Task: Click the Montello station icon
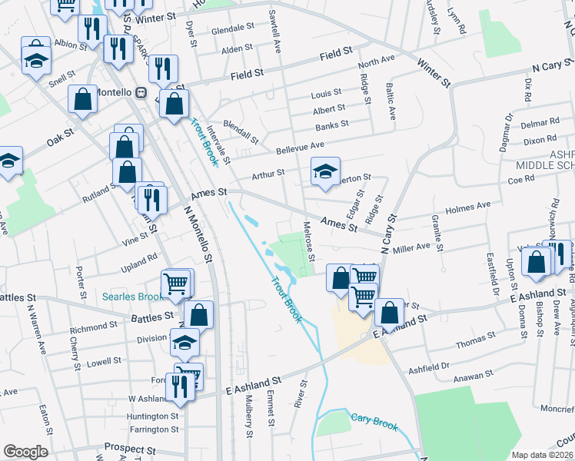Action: (x=141, y=93)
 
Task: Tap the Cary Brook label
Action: (x=372, y=419)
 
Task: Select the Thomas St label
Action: (x=476, y=340)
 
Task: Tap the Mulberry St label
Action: (x=249, y=416)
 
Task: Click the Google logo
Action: (x=25, y=451)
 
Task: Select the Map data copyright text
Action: (x=543, y=455)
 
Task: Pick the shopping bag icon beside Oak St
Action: (x=83, y=99)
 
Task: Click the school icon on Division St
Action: (x=184, y=343)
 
